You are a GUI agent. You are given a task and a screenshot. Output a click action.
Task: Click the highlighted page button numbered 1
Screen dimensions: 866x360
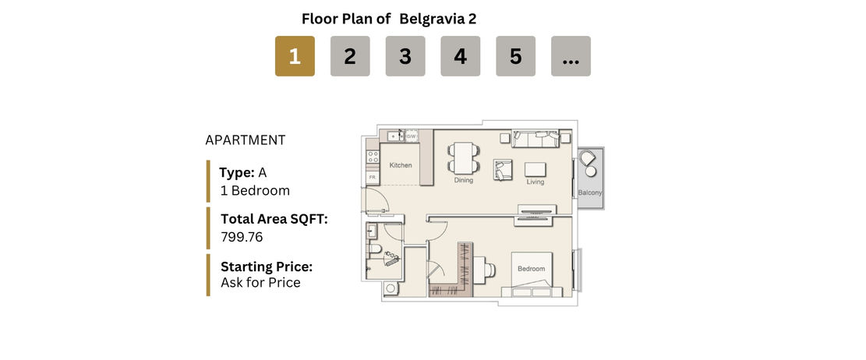(x=295, y=56)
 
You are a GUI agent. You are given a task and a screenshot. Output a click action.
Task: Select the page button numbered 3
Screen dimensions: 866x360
(x=405, y=56)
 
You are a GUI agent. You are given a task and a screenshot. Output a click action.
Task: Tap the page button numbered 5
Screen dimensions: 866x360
(x=516, y=56)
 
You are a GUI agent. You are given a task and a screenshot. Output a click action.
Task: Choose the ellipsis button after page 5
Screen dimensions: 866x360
(x=571, y=56)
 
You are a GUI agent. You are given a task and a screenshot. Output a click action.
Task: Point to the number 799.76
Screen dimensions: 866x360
(x=242, y=238)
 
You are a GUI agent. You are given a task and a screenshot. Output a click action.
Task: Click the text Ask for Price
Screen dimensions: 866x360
(x=260, y=283)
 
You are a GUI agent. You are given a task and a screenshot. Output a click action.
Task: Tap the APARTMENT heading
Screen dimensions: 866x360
(x=246, y=140)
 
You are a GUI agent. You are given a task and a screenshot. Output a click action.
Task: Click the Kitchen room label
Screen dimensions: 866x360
(x=401, y=165)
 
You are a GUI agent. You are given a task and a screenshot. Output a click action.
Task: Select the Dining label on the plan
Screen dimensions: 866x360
(x=463, y=180)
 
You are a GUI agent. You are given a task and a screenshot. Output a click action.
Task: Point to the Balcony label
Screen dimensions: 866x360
(x=590, y=192)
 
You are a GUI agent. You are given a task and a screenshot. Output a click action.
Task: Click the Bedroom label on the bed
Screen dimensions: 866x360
(x=532, y=269)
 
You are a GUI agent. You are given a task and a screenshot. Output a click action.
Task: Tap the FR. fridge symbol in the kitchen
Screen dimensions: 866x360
(x=373, y=177)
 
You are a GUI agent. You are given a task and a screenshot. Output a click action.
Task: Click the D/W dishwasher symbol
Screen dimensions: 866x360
(x=412, y=136)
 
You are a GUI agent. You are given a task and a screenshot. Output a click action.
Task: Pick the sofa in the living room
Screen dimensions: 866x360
(x=536, y=139)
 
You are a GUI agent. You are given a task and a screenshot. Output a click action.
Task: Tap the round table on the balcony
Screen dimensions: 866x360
(x=591, y=171)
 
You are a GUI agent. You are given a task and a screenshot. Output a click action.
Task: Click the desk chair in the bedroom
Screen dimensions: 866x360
(x=489, y=269)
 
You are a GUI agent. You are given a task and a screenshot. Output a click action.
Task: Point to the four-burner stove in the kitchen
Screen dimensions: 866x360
(x=373, y=157)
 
